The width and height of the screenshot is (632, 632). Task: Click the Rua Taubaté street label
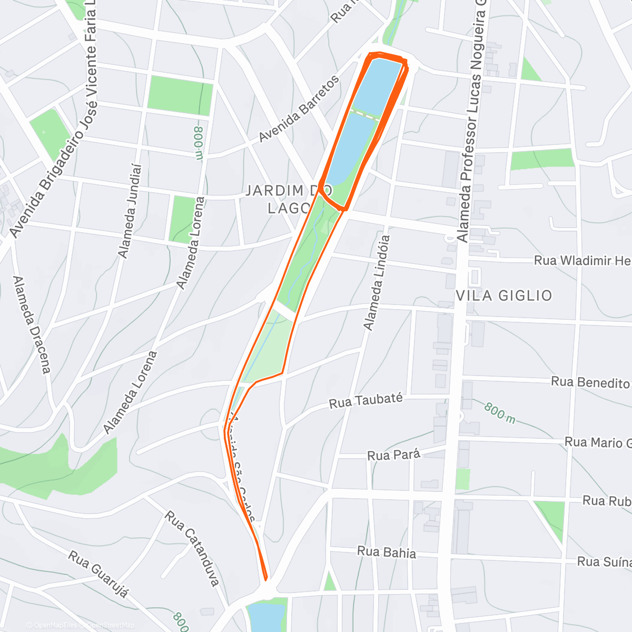click(x=366, y=401)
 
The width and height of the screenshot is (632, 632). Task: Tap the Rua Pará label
click(x=393, y=454)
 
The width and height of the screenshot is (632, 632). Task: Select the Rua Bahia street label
click(x=387, y=552)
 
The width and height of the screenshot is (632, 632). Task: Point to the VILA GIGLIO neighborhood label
click(x=503, y=295)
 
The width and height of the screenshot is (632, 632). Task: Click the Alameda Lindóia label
click(x=377, y=283)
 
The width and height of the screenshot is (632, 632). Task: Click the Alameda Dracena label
click(x=32, y=324)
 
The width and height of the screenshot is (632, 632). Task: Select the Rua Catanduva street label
click(x=192, y=548)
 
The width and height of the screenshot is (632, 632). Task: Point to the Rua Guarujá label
click(x=99, y=574)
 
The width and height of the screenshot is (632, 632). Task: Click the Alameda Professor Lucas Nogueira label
click(x=472, y=121)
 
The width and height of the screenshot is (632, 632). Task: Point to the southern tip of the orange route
click(x=265, y=579)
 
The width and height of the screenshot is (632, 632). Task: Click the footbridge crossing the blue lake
click(x=365, y=114)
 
